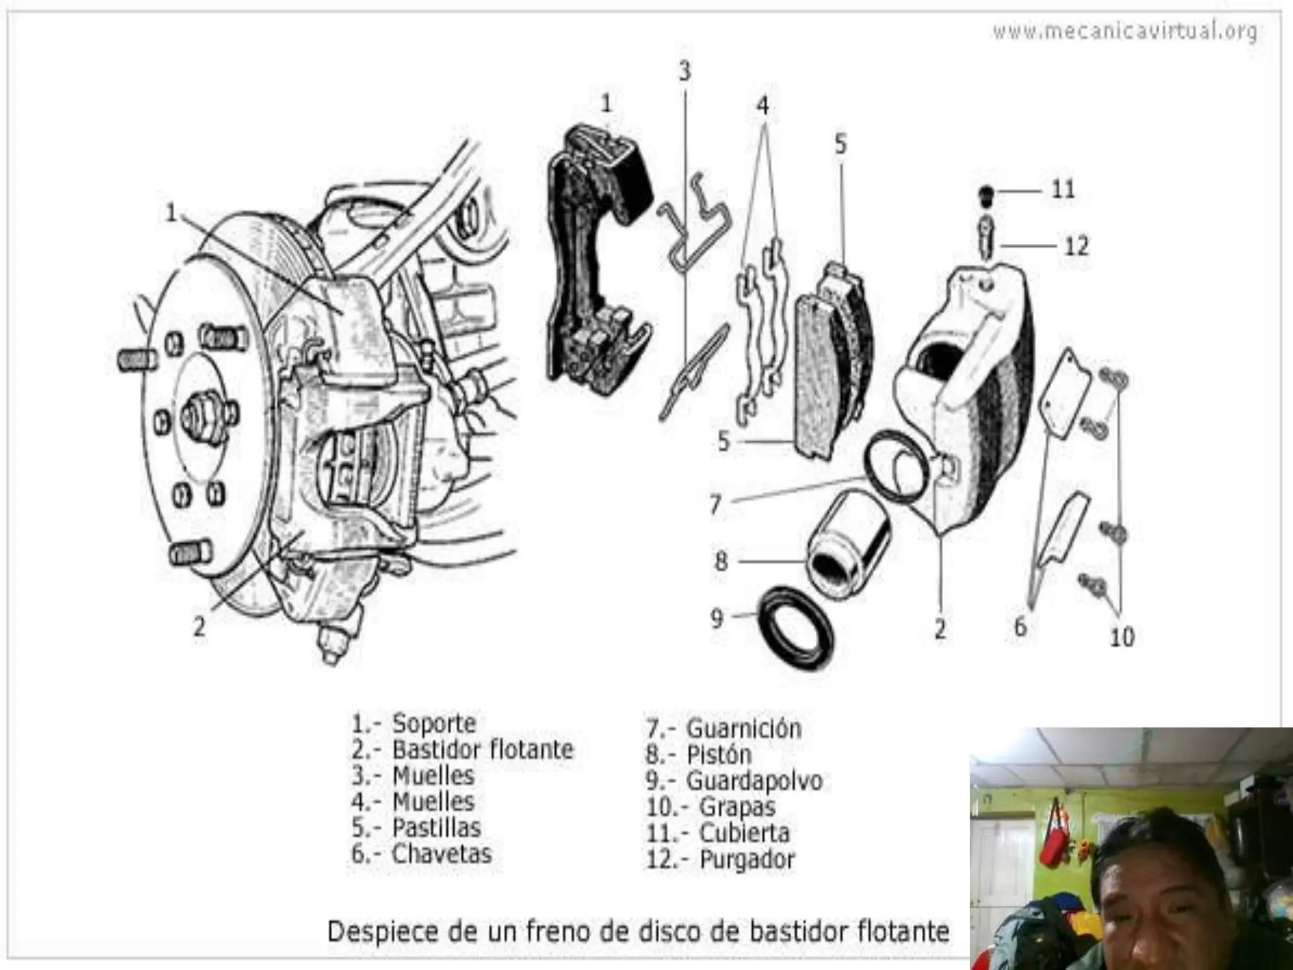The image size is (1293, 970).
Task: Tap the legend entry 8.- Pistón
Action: point(699,755)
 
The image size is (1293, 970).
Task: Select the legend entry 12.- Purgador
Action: point(720,859)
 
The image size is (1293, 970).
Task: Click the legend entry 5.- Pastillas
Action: point(417,827)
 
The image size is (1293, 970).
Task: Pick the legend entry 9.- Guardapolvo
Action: point(734,781)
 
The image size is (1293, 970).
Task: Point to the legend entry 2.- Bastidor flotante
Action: point(463,750)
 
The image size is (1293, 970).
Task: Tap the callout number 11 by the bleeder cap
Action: point(1063,189)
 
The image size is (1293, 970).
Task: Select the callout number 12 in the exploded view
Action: point(1076,246)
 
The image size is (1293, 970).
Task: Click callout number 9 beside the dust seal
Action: point(717,618)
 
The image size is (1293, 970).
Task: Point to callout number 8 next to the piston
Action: point(721,561)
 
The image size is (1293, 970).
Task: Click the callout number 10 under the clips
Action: point(1122,637)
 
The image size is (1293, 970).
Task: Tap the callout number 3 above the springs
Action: point(685,71)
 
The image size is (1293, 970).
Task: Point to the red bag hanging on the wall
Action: point(1054,834)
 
